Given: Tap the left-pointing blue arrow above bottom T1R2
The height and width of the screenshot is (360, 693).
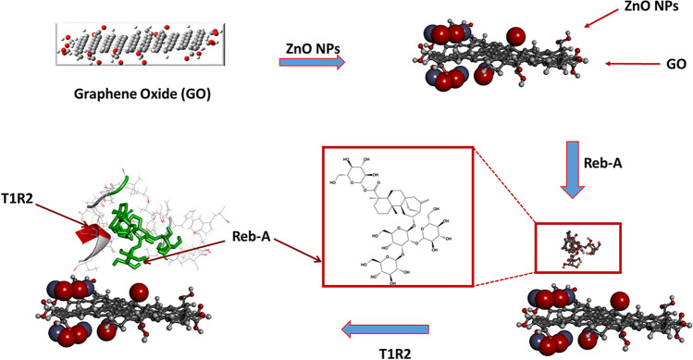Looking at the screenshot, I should tap(385, 328).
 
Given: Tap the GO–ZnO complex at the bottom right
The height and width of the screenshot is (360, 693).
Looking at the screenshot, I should tap(600, 319).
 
